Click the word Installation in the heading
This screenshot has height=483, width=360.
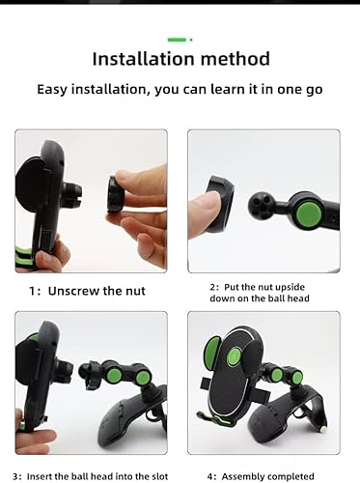click(143, 59)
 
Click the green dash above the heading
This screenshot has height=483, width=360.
click(177, 40)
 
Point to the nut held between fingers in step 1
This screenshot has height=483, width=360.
click(115, 193)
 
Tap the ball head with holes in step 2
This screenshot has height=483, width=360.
click(260, 206)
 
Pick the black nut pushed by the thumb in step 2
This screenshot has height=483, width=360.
click(220, 203)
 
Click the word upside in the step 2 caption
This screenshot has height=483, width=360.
click(290, 287)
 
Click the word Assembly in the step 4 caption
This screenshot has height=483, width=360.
click(242, 476)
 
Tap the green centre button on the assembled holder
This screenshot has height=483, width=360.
click(235, 356)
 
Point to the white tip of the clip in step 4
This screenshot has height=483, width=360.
click(324, 429)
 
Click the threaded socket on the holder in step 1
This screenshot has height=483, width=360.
click(72, 192)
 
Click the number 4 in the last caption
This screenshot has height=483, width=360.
click(209, 476)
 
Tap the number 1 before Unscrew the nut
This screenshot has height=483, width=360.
click(32, 291)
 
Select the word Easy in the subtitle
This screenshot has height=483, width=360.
click(52, 90)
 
